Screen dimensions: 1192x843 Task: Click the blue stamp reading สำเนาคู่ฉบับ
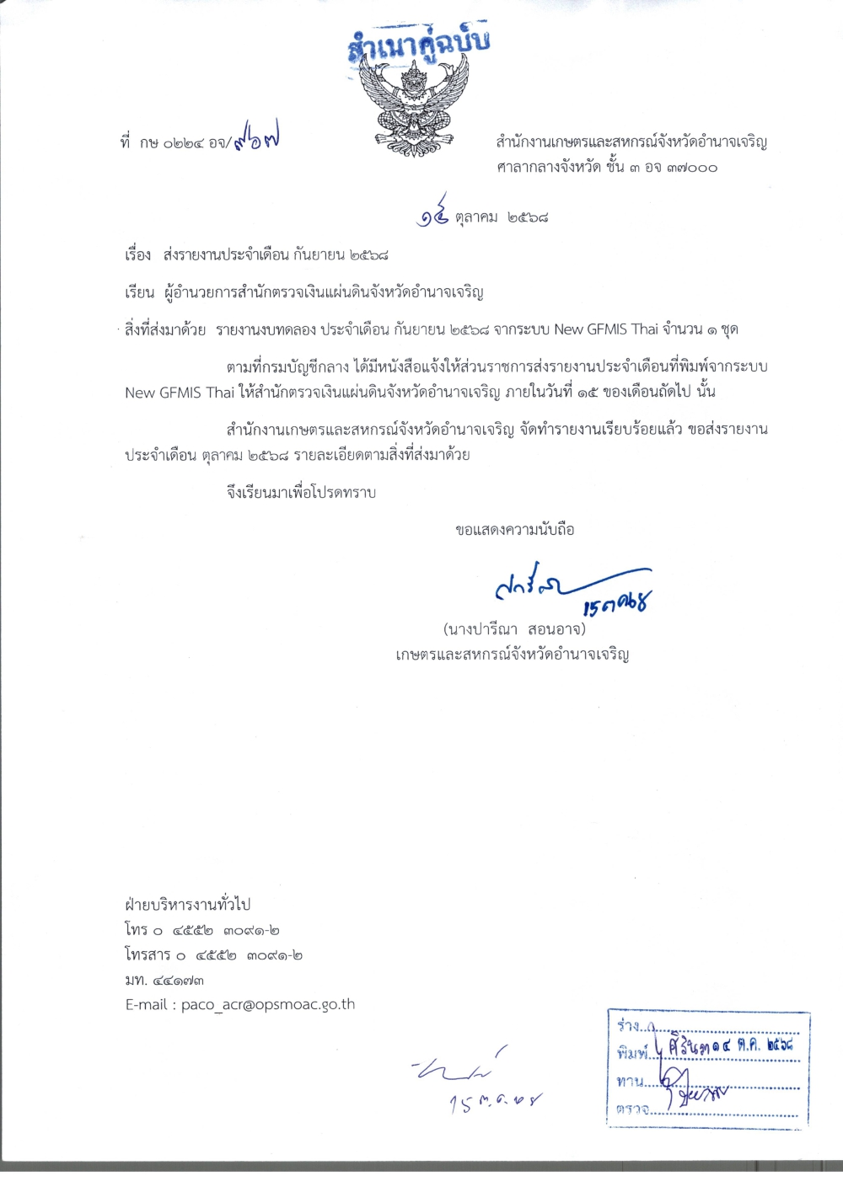tap(418, 44)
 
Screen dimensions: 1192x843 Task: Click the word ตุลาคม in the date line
tap(476, 217)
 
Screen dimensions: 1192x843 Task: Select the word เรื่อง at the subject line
tap(137, 254)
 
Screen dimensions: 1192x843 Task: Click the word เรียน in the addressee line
tap(139, 292)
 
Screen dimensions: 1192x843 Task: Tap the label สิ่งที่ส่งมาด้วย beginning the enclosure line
tap(165, 329)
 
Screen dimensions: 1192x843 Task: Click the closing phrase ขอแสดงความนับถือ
tap(514, 530)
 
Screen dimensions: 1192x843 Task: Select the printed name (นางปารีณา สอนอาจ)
tap(513, 629)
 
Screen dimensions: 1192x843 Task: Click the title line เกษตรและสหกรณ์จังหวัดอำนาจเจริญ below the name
tap(513, 655)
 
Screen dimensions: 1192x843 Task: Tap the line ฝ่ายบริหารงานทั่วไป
tap(187, 905)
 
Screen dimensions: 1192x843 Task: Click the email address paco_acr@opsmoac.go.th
tap(268, 1005)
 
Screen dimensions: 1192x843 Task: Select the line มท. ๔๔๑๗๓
tap(164, 981)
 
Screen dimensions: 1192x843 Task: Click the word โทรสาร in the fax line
tap(148, 955)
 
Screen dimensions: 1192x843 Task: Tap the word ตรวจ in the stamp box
tap(632, 1109)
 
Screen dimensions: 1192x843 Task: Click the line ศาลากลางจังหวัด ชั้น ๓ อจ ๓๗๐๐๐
tap(607, 168)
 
